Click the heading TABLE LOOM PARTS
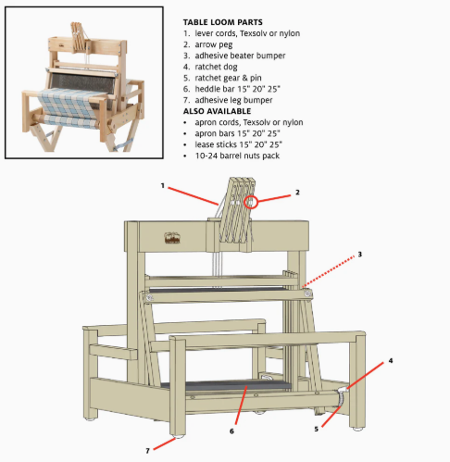(222, 22)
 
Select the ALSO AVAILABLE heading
(217, 111)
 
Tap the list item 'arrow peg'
(214, 44)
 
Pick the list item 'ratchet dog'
(216, 67)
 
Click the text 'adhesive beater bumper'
(240, 56)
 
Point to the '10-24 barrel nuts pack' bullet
(237, 156)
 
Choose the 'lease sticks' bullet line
(238, 144)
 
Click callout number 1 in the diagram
(163, 185)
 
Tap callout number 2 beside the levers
(297, 193)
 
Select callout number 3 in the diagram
(359, 255)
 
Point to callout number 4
(391, 360)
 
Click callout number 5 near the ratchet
(317, 429)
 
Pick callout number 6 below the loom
(231, 431)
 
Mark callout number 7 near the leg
(147, 451)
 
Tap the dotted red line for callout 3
(329, 271)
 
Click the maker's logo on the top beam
(172, 238)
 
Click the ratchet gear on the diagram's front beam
(340, 399)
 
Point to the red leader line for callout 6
(241, 405)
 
